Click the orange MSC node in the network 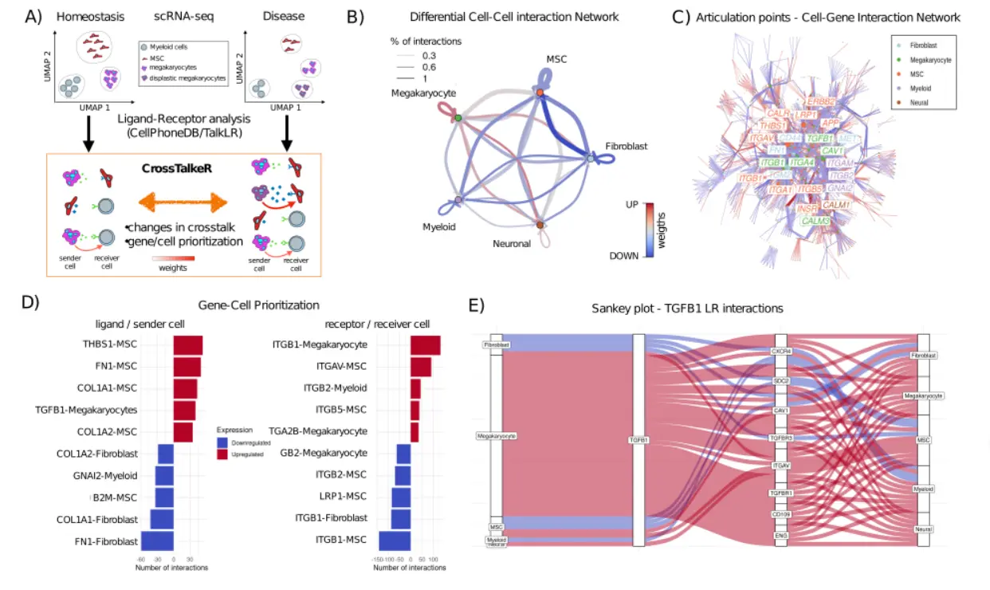pos(540,92)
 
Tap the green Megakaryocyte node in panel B pos(458,119)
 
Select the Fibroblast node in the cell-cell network pos(590,159)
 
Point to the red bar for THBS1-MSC pos(188,345)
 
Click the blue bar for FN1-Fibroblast pos(156,542)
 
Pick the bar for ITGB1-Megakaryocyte pos(426,345)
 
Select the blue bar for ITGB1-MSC pos(395,542)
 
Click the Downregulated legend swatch pos(223,442)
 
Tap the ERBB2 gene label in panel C pos(821,101)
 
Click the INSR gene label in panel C pos(807,209)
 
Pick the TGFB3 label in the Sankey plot pos(780,438)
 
